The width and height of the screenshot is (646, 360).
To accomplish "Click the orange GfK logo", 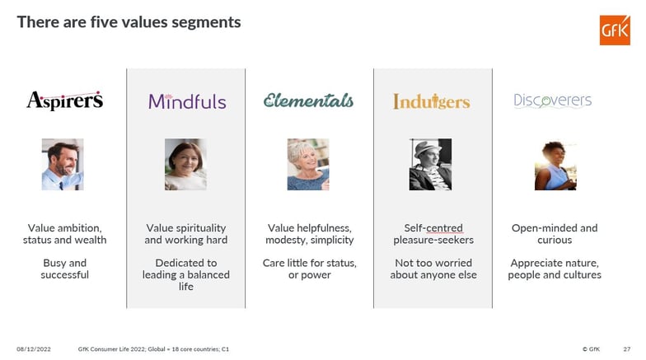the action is pyautogui.click(x=615, y=30).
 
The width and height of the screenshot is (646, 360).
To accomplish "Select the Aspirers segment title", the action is pyautogui.click(x=64, y=101).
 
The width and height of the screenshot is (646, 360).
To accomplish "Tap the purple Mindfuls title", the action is pyautogui.click(x=187, y=101).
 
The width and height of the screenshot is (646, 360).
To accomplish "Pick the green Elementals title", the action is pyautogui.click(x=308, y=101).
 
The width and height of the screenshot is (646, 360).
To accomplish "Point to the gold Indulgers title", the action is pyautogui.click(x=432, y=101).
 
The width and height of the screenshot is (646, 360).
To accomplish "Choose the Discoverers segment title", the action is pyautogui.click(x=552, y=101).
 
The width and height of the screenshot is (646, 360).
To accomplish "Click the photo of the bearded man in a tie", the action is pyautogui.click(x=63, y=165).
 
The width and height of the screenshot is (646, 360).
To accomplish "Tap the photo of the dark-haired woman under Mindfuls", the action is pyautogui.click(x=185, y=165).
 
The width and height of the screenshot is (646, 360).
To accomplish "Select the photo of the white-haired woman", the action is pyautogui.click(x=308, y=165).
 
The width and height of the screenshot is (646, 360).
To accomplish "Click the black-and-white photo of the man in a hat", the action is pyautogui.click(x=430, y=165).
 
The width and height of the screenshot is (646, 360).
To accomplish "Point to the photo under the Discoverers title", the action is pyautogui.click(x=555, y=166).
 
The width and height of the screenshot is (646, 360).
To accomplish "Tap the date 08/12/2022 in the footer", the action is pyautogui.click(x=33, y=349).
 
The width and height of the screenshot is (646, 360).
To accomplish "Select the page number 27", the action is pyautogui.click(x=626, y=349).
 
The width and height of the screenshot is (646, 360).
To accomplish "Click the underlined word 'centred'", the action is pyautogui.click(x=445, y=228).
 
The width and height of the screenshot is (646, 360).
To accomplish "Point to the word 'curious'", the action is pyautogui.click(x=555, y=241).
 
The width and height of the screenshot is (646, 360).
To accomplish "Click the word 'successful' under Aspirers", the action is pyautogui.click(x=64, y=275).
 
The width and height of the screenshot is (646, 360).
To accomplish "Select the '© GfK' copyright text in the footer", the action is pyautogui.click(x=592, y=349).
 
